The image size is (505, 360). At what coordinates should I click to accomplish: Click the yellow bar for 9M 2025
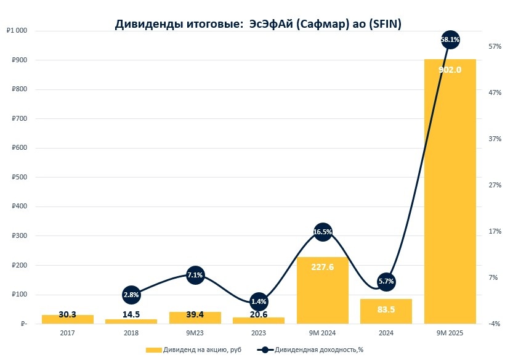(x=450, y=191)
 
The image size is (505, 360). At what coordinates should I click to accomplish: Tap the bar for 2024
(x=386, y=311)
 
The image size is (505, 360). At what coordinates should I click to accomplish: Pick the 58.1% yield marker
(x=450, y=39)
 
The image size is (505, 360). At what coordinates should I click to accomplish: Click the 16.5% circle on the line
(x=323, y=232)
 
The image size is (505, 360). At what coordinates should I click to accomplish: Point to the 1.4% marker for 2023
(x=259, y=302)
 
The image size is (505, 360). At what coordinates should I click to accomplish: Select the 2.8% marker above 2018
(x=131, y=295)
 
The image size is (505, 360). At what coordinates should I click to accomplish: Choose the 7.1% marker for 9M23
(x=195, y=275)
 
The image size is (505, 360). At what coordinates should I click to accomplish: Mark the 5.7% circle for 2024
(x=386, y=282)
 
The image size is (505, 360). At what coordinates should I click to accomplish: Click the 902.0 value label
(x=450, y=70)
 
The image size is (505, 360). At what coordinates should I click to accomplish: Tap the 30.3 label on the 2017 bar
(x=68, y=315)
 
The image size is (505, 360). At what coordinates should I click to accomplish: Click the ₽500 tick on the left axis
(x=18, y=178)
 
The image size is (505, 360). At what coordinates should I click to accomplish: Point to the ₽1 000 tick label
(x=16, y=31)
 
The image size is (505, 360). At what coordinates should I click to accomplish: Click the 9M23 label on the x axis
(x=195, y=333)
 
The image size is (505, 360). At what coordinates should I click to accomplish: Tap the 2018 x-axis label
(x=131, y=333)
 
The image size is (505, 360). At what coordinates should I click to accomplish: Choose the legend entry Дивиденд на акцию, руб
(x=190, y=350)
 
